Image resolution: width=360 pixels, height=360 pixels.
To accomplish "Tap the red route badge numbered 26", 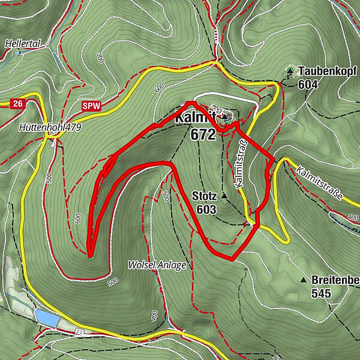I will (x=18, y=104).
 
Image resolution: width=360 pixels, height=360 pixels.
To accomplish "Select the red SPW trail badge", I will (x=92, y=106).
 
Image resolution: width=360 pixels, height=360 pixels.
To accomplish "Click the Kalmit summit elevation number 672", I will (x=203, y=135).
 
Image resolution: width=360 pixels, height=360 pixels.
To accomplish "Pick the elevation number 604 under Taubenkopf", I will (x=307, y=85).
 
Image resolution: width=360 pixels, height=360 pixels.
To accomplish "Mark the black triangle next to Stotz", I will (x=224, y=196).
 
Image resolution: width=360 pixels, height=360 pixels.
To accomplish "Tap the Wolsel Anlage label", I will (x=157, y=265).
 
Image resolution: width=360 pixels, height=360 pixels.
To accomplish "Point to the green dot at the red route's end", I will (x=91, y=258).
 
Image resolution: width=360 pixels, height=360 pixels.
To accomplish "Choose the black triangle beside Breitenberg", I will (x=303, y=280).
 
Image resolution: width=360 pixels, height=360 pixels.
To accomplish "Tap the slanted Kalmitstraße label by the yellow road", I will (x=319, y=184).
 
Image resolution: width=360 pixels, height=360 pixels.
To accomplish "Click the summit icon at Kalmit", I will (x=224, y=116).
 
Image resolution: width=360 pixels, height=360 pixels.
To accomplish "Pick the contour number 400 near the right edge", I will (x=352, y=217).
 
